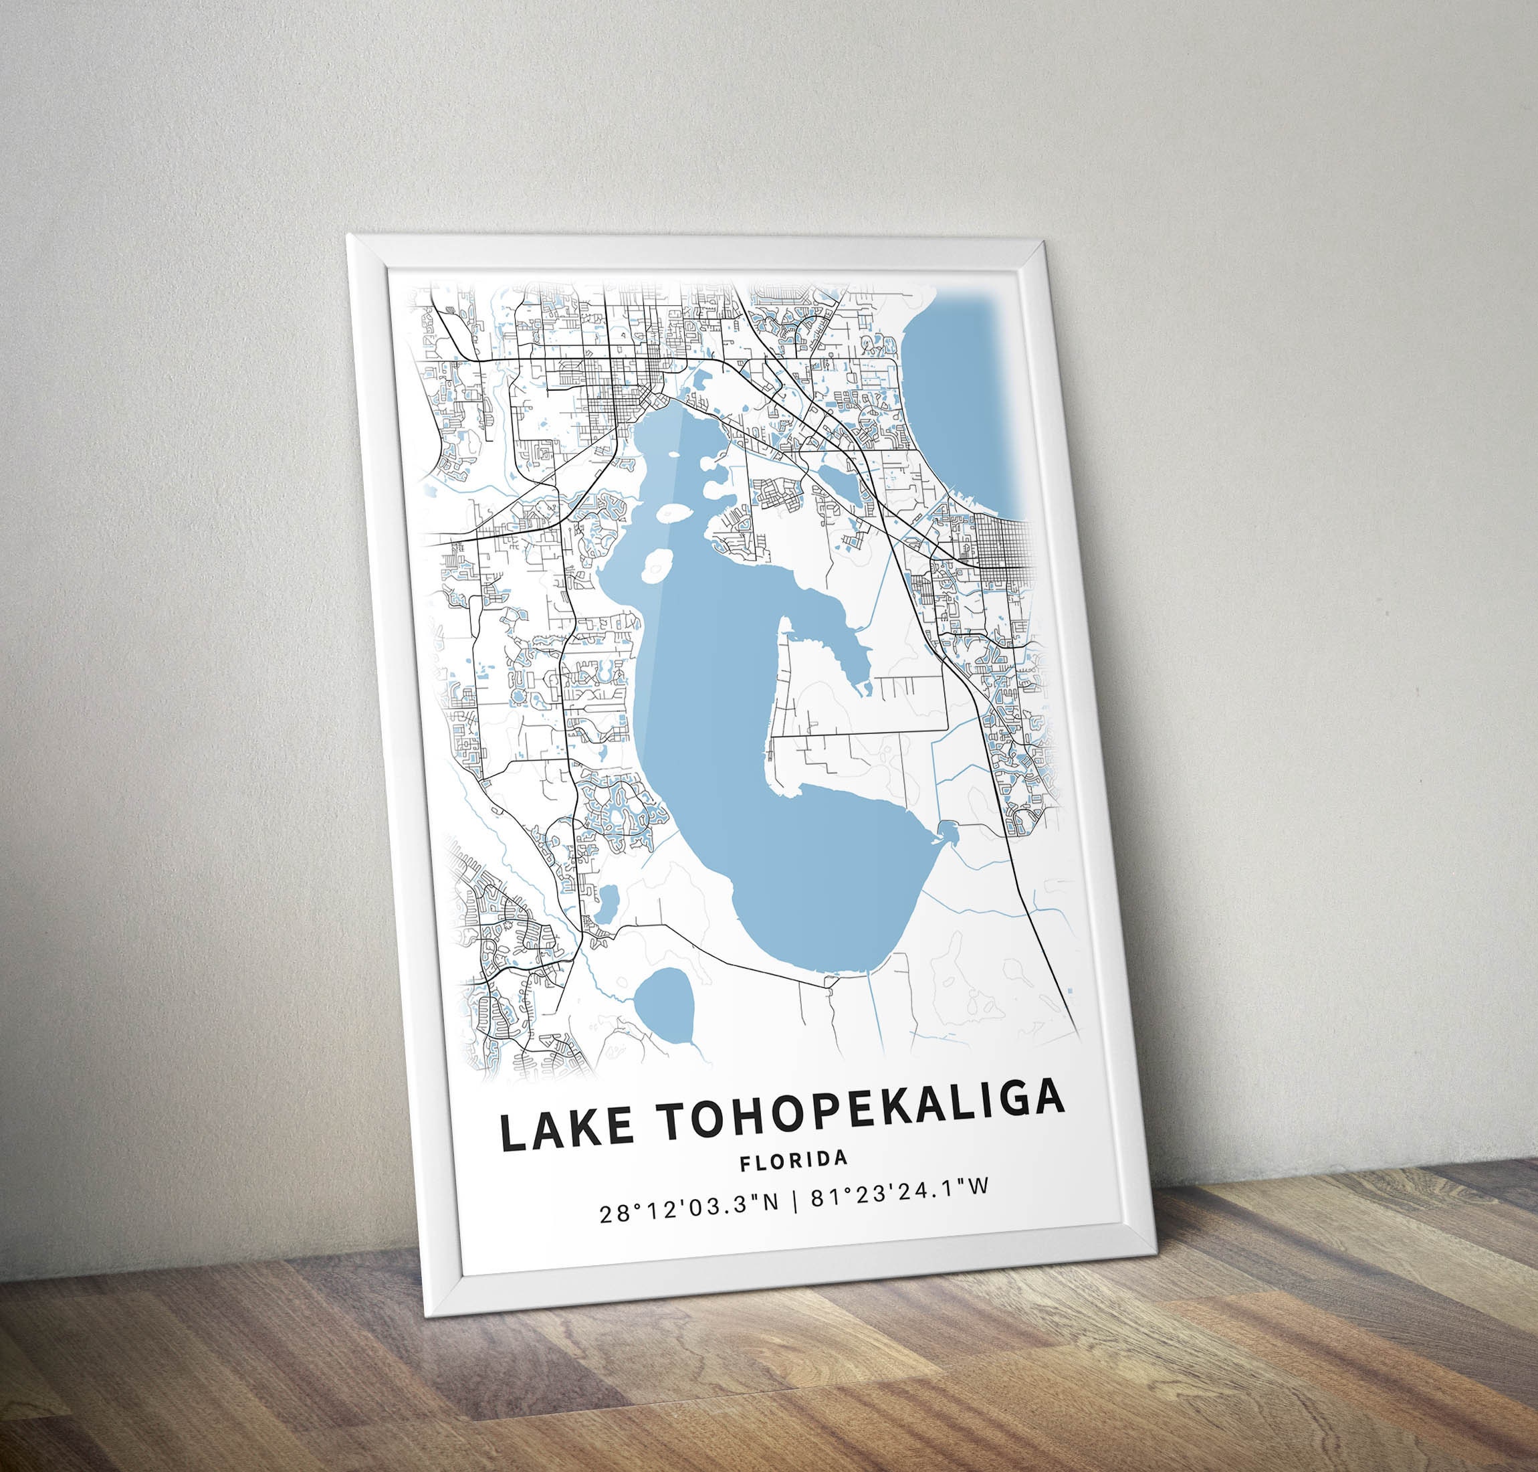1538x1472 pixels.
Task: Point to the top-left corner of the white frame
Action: pyautogui.click(x=350, y=236)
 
